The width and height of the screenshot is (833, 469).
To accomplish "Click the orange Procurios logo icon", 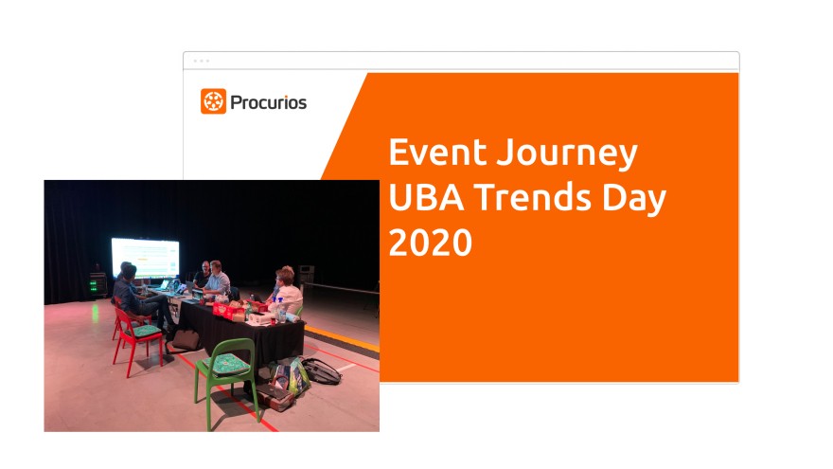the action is [213, 101].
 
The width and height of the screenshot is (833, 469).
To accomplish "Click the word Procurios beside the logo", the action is [268, 102].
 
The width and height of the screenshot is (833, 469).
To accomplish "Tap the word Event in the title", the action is [437, 153].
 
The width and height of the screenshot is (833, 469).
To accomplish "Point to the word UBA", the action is [426, 197].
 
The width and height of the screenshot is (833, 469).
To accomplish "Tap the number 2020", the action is [431, 242].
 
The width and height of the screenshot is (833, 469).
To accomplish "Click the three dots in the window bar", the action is [202, 61].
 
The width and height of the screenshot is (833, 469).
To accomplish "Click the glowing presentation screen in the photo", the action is [145, 258].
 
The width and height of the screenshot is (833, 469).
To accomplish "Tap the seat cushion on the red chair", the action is [144, 332].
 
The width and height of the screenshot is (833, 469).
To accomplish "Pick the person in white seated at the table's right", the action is [288, 293].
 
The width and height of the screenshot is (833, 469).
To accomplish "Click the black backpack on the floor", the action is [322, 370].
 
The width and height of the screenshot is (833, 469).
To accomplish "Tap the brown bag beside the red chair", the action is [185, 340].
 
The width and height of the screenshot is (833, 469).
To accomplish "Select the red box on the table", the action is [224, 310].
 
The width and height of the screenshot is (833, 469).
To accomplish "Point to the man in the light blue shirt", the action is [218, 280].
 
